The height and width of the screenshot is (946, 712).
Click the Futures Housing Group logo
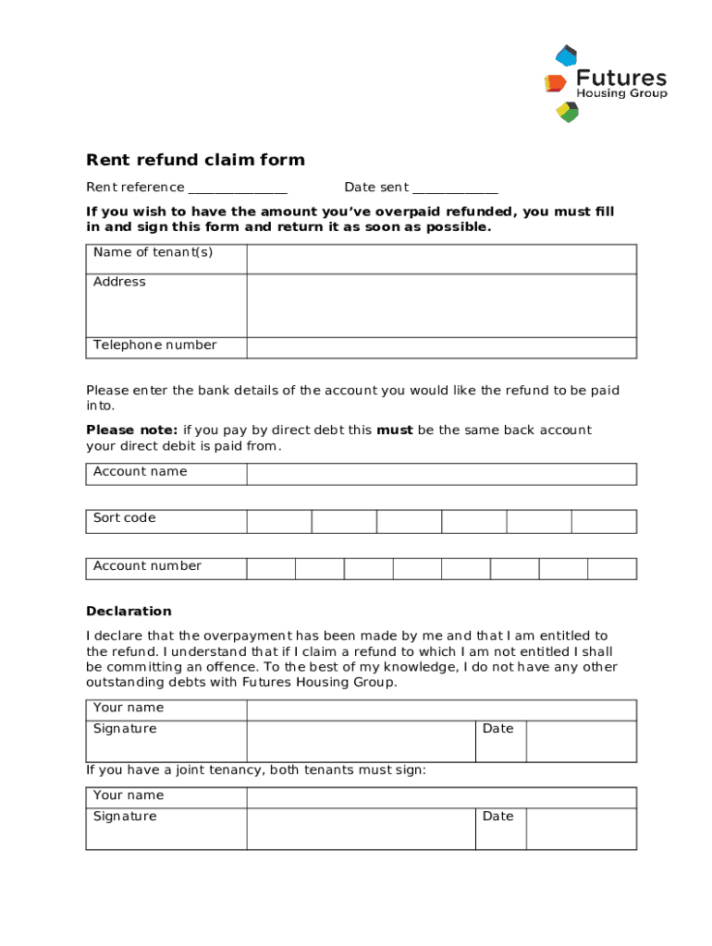(606, 83)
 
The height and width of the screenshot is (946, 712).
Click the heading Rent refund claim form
(195, 160)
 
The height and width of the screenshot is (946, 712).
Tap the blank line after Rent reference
(238, 188)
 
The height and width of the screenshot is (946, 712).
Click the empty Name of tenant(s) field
(441, 259)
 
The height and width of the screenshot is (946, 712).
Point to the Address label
(119, 282)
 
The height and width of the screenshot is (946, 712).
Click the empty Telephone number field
(441, 347)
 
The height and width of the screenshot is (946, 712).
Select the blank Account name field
(441, 474)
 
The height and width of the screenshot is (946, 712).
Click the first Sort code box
(279, 521)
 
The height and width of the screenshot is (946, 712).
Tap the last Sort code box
(604, 521)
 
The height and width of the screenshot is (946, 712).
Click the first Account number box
(271, 568)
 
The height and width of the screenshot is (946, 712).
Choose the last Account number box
(612, 568)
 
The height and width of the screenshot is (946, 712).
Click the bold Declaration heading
(129, 612)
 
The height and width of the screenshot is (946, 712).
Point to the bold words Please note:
(131, 430)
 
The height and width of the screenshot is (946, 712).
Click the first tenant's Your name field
(441, 709)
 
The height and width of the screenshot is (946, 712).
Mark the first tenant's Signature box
(361, 741)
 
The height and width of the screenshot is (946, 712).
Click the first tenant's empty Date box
(581, 741)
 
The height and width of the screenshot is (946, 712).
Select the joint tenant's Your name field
(441, 797)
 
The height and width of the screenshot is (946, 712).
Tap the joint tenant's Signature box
(361, 829)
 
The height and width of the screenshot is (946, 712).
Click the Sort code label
(124, 518)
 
